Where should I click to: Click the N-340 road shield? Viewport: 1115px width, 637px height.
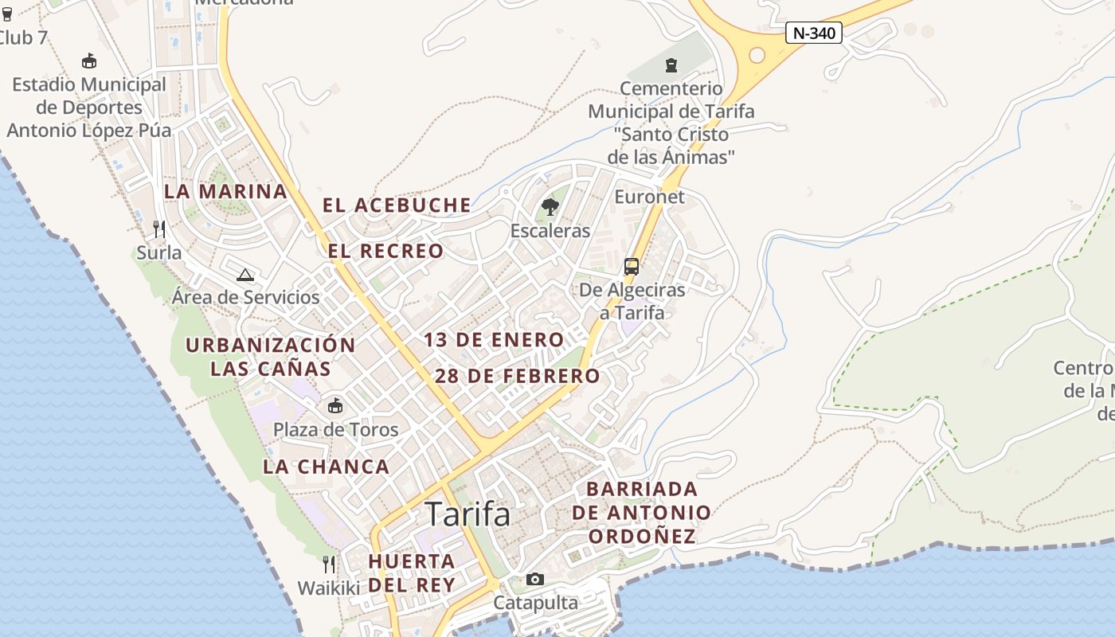(x=813, y=33)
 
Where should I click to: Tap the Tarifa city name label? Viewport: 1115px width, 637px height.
(x=468, y=514)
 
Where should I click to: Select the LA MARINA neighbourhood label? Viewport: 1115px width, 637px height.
(x=225, y=191)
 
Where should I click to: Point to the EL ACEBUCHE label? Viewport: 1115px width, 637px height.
(x=397, y=205)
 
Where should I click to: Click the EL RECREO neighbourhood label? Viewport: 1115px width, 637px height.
(x=386, y=251)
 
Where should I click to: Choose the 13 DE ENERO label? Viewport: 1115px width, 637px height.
(x=494, y=340)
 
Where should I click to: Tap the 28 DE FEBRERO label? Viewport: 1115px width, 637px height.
(x=518, y=376)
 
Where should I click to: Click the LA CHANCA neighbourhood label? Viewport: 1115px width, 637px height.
(x=327, y=467)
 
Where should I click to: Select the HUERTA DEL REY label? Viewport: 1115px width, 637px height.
(x=412, y=573)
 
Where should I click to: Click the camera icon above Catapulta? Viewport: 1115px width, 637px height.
(x=535, y=579)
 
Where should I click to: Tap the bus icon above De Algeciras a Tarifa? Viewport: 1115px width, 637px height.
(x=632, y=266)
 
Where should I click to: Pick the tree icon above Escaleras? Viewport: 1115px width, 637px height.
(x=550, y=208)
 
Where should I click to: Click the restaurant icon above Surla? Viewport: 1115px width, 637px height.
(x=159, y=229)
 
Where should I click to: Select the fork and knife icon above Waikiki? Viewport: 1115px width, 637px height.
(x=329, y=565)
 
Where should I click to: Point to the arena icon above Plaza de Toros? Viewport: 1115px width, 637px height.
(x=335, y=405)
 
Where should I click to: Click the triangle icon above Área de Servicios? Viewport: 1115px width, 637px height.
(x=245, y=275)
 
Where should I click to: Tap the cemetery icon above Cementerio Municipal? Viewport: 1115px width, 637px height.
(x=671, y=64)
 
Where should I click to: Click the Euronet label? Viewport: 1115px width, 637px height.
(x=650, y=196)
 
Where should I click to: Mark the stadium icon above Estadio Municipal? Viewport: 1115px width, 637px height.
(x=89, y=61)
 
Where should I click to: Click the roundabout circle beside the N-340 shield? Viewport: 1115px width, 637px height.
(x=757, y=55)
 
